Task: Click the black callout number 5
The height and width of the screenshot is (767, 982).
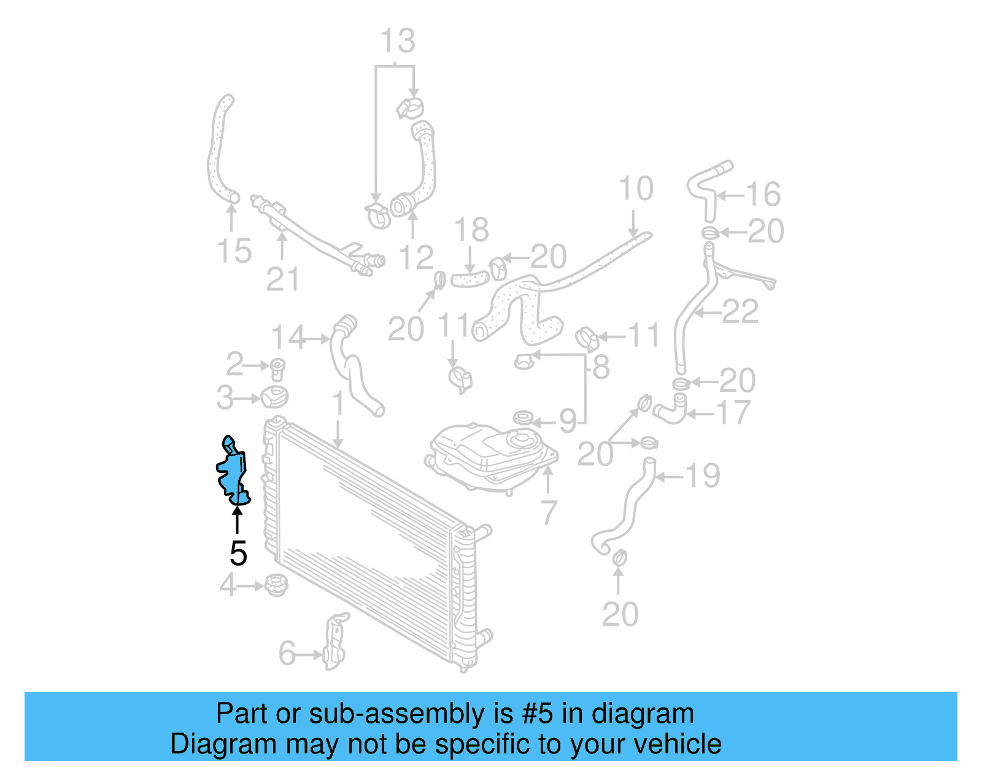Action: pyautogui.click(x=238, y=553)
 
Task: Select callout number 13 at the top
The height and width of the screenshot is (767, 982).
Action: pyautogui.click(x=398, y=41)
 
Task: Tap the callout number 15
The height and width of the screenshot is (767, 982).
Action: pyautogui.click(x=234, y=251)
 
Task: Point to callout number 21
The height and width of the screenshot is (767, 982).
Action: pyautogui.click(x=282, y=279)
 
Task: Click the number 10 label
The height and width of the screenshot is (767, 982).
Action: pyautogui.click(x=635, y=189)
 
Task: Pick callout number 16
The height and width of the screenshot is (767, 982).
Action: pyautogui.click(x=763, y=194)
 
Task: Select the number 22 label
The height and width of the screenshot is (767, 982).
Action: pyautogui.click(x=740, y=312)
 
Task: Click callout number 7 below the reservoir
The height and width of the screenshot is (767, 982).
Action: pyautogui.click(x=548, y=513)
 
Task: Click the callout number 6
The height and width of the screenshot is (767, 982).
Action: pyautogui.click(x=287, y=653)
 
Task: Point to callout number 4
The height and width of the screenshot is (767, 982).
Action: pyautogui.click(x=228, y=585)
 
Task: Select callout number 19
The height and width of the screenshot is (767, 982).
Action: pyautogui.click(x=702, y=476)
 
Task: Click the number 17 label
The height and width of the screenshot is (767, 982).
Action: pyautogui.click(x=733, y=413)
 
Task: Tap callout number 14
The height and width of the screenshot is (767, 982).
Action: pyautogui.click(x=288, y=337)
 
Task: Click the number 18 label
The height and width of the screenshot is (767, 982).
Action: pyautogui.click(x=471, y=230)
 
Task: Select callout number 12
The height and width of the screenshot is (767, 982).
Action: pyautogui.click(x=416, y=258)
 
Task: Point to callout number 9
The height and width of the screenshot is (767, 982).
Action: pyautogui.click(x=568, y=421)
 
